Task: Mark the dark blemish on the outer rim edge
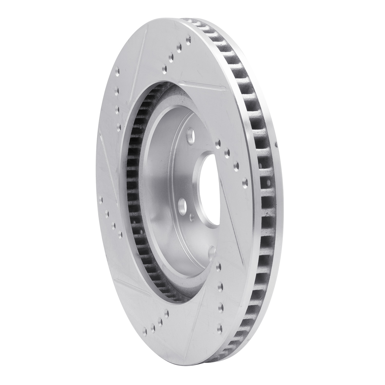276,145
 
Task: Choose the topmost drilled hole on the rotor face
189,39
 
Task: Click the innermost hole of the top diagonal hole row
164,68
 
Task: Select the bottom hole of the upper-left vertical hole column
119,126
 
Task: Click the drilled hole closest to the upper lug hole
218,142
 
